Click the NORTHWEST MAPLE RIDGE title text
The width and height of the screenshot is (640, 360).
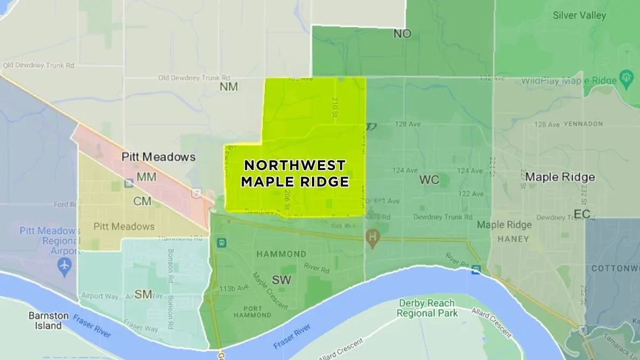294,173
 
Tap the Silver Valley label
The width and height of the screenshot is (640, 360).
579,15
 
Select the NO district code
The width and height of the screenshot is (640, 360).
403,34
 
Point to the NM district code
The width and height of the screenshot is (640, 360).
229,86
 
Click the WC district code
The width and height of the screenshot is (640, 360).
429,180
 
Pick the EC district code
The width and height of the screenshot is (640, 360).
582,214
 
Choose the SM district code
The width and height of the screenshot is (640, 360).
143,294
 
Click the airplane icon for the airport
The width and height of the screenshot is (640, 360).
65,265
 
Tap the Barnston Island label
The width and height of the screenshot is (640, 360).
49,320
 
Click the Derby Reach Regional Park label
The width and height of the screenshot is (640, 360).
427,308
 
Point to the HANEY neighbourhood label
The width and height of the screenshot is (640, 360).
513,239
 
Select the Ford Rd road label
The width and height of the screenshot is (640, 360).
65,204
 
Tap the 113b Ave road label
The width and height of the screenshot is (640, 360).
234,289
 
